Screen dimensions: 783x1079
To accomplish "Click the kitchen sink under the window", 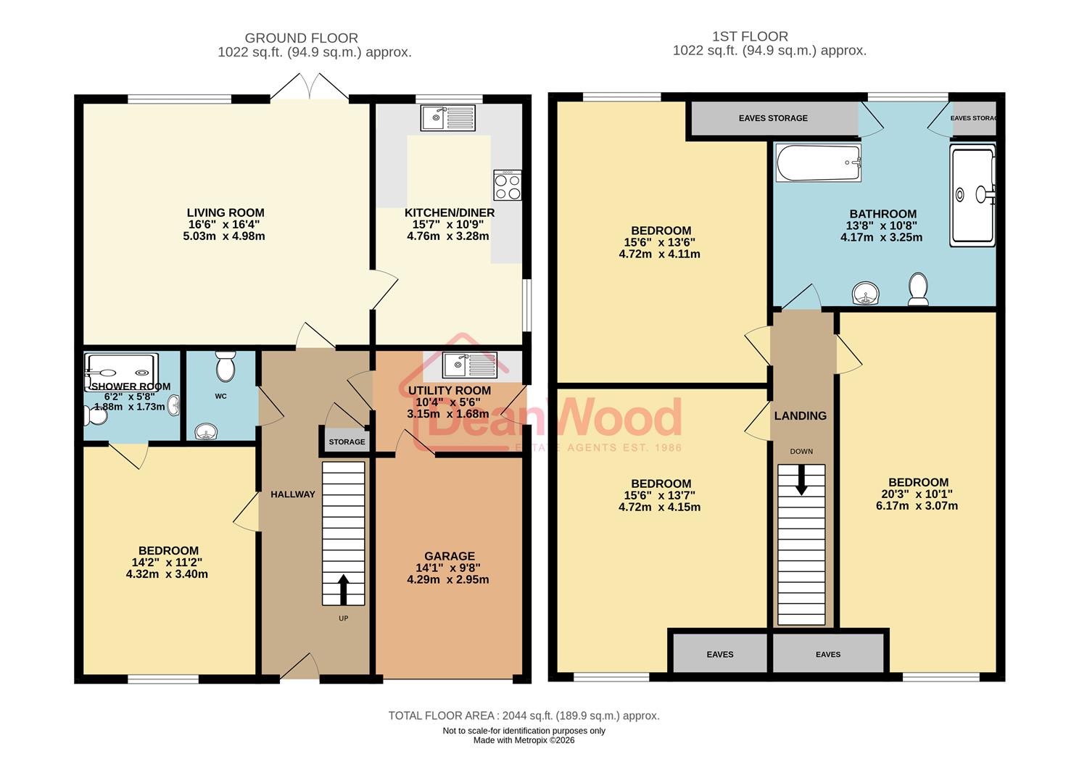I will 448,117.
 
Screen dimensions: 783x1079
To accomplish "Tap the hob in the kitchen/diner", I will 507,186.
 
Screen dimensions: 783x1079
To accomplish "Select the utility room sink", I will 469,365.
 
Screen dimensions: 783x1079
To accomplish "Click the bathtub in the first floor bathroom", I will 818,162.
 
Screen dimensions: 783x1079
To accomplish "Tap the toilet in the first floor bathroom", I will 919,289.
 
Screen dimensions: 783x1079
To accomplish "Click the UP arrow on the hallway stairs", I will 342,589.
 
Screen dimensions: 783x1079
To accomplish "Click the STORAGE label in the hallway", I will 347,442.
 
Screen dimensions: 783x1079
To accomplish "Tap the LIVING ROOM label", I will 226,212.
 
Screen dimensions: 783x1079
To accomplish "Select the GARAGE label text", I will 450,556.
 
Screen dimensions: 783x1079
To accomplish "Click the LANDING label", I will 800,415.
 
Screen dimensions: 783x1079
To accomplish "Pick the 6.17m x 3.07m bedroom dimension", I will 917,505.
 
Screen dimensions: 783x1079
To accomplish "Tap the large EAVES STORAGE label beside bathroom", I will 773,118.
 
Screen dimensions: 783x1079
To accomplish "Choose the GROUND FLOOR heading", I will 301,38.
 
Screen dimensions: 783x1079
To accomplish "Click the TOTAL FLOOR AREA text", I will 524,716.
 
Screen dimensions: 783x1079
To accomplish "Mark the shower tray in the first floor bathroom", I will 972,194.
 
